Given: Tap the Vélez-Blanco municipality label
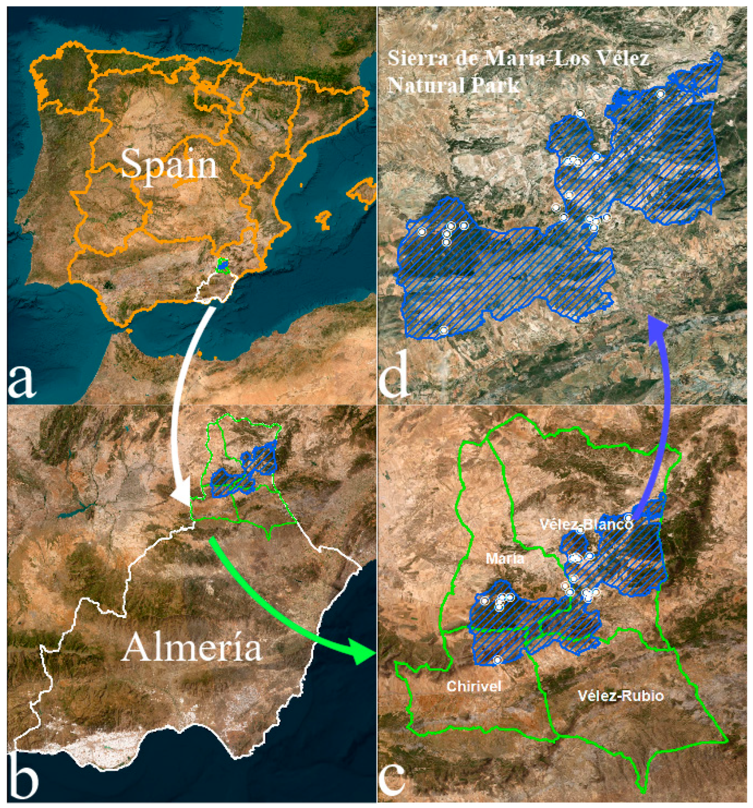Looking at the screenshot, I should [586, 524].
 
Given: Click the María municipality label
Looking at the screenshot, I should [505, 559].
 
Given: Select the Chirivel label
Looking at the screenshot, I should [474, 686].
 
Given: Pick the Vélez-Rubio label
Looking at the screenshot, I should [620, 696].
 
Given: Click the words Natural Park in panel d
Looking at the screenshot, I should [453, 85].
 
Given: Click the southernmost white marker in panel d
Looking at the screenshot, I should [444, 330].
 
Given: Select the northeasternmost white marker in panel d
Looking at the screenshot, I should [660, 94].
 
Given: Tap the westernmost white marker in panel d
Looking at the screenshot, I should [421, 232].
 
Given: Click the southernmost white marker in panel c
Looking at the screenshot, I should [497, 660].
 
